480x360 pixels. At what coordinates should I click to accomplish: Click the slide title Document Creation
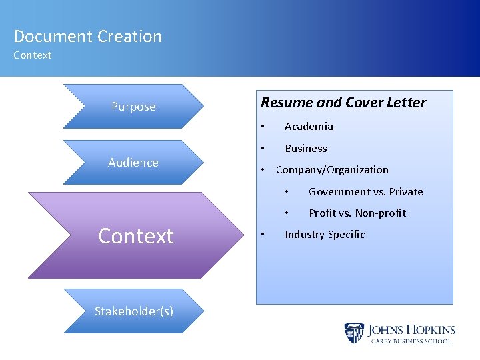87,37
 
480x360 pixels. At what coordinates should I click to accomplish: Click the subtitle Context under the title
32,55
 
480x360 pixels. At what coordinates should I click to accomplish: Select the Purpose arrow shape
133,107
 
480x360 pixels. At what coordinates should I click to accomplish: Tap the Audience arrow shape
133,163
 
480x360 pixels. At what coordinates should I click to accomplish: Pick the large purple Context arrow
136,235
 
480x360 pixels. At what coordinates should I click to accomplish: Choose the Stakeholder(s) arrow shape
133,311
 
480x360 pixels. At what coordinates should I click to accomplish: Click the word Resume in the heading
281,103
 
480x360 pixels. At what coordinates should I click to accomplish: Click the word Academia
309,127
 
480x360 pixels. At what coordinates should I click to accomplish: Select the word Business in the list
306,148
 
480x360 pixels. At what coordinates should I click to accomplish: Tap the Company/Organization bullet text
332,170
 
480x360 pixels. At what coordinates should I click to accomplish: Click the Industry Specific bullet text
325,235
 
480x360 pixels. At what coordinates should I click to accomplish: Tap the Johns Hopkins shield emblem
354,333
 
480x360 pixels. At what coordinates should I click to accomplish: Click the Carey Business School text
411,341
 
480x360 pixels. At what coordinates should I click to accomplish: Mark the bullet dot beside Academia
264,127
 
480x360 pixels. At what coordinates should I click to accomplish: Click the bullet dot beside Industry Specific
264,235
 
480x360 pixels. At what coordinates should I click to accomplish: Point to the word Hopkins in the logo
431,329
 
